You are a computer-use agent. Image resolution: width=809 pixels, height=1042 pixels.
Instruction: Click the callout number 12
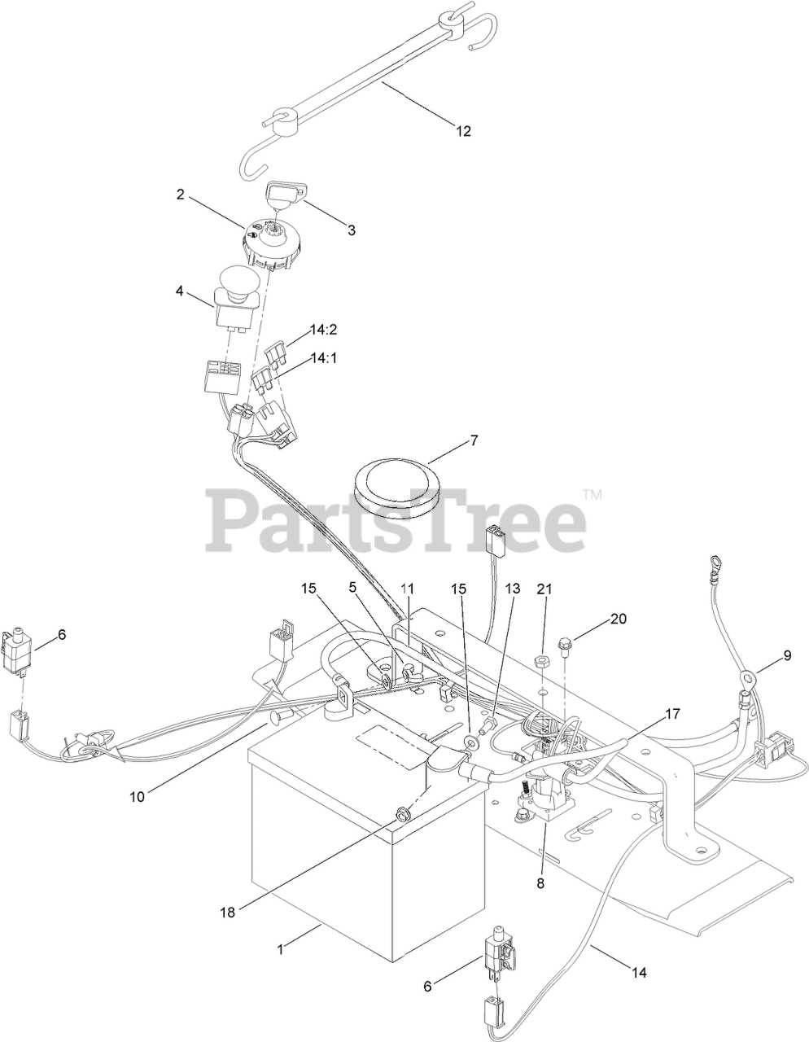point(462,130)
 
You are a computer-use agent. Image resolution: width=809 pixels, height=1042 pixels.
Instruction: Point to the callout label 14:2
point(322,331)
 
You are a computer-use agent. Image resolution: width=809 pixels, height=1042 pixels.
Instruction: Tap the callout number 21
point(544,589)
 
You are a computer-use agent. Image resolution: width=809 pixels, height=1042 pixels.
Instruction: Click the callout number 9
point(787,654)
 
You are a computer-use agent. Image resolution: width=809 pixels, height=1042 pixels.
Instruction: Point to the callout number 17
point(672,714)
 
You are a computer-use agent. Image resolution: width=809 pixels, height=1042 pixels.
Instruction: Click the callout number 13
point(511,589)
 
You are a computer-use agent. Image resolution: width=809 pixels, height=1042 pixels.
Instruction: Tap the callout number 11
point(407,588)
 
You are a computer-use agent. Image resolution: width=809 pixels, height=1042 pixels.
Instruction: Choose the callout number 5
point(353,587)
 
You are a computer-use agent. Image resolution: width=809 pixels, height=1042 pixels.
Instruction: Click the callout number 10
point(136,796)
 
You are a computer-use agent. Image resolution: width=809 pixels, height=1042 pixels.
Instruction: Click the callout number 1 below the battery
point(281,948)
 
